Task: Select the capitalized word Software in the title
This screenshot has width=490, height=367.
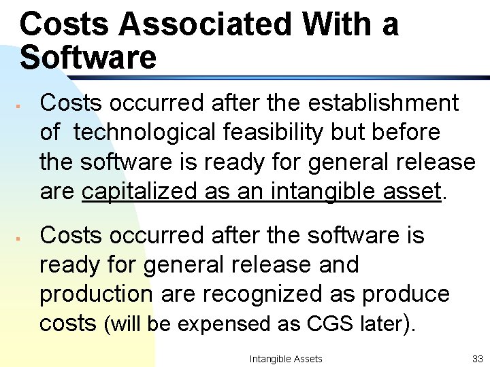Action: pyautogui.click(x=88, y=58)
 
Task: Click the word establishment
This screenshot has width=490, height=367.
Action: pyautogui.click(x=384, y=103)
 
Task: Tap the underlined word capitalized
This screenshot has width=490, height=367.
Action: pyautogui.click(x=140, y=192)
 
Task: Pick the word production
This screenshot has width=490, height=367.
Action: pyautogui.click(x=96, y=294)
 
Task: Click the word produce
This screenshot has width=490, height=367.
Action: pyautogui.click(x=406, y=294)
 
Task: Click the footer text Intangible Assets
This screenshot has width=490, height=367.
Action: pyautogui.click(x=286, y=358)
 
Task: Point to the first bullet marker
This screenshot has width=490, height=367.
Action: pyautogui.click(x=22, y=107)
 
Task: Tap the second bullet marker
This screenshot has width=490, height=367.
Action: pyautogui.click(x=22, y=239)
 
